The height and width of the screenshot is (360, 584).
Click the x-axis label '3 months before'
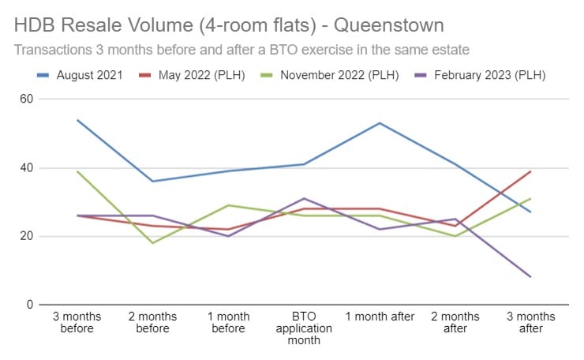77,322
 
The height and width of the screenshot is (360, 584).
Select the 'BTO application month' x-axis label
304,328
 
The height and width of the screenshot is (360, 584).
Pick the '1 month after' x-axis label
380,317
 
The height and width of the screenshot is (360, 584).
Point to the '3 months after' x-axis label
531,322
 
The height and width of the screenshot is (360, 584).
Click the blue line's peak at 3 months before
77,120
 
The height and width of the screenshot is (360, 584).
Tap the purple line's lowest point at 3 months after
530,277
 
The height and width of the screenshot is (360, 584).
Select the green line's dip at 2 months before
152,243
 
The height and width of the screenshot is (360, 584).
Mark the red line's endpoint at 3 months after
530,171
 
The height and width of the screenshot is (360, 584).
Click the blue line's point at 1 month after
380,123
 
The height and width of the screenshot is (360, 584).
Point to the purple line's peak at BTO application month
304,198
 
